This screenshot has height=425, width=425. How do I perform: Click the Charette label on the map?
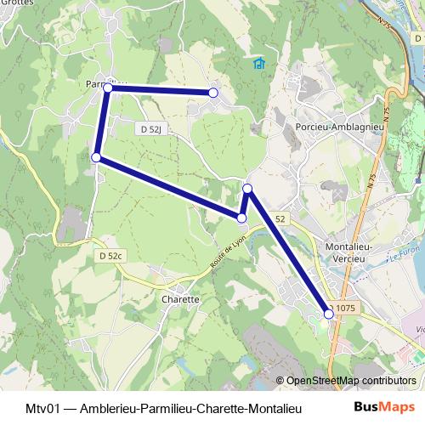point(179,300)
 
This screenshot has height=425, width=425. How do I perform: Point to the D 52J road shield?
point(148,128)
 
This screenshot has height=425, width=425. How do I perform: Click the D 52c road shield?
point(110,256)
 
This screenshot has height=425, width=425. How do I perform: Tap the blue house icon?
point(259,64)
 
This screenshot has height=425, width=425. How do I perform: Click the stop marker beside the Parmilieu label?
point(108,88)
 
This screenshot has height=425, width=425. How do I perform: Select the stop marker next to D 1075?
point(329,314)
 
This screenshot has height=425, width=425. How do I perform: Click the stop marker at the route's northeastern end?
point(213,92)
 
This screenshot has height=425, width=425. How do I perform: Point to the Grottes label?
point(15,3)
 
